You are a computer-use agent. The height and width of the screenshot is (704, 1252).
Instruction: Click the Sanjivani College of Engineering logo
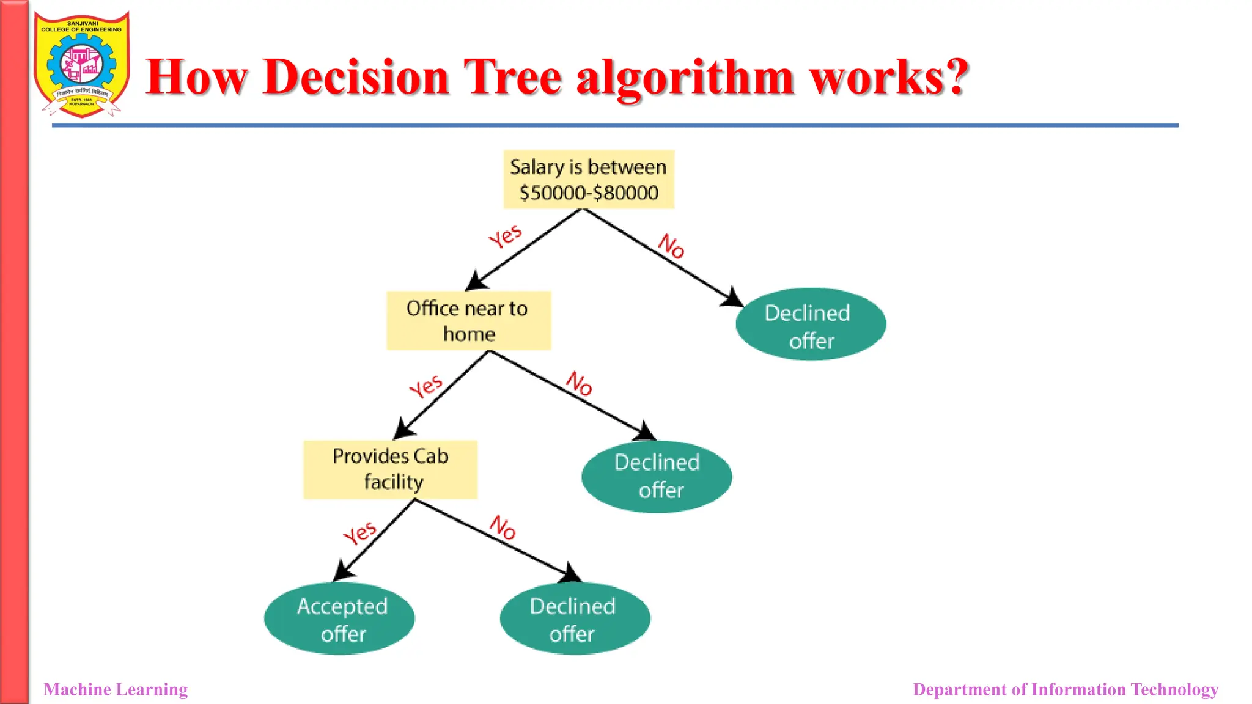click(82, 64)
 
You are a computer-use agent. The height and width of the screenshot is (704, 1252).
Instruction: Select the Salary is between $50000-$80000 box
click(588, 180)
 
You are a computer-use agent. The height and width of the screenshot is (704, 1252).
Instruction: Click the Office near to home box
click(468, 321)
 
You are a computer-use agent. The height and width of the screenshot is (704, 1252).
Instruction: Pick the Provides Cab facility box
click(390, 469)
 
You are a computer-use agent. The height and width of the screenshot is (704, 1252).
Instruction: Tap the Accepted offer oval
click(340, 618)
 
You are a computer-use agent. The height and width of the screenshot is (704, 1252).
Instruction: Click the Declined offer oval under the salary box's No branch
click(811, 324)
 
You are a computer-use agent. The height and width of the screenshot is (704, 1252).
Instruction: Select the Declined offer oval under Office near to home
click(657, 477)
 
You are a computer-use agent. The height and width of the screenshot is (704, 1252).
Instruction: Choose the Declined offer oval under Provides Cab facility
click(575, 618)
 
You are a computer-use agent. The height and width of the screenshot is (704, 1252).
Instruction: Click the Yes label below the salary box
click(506, 236)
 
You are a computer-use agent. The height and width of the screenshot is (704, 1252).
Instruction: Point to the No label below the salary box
click(671, 246)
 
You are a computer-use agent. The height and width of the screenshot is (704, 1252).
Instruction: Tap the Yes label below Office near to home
click(426, 386)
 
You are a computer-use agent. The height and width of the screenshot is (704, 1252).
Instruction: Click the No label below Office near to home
click(579, 383)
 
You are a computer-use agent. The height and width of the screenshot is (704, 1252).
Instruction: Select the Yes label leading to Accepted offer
click(360, 532)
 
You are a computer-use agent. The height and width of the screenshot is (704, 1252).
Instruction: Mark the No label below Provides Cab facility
click(503, 527)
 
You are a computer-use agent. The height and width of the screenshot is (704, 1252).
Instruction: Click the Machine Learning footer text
click(116, 689)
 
